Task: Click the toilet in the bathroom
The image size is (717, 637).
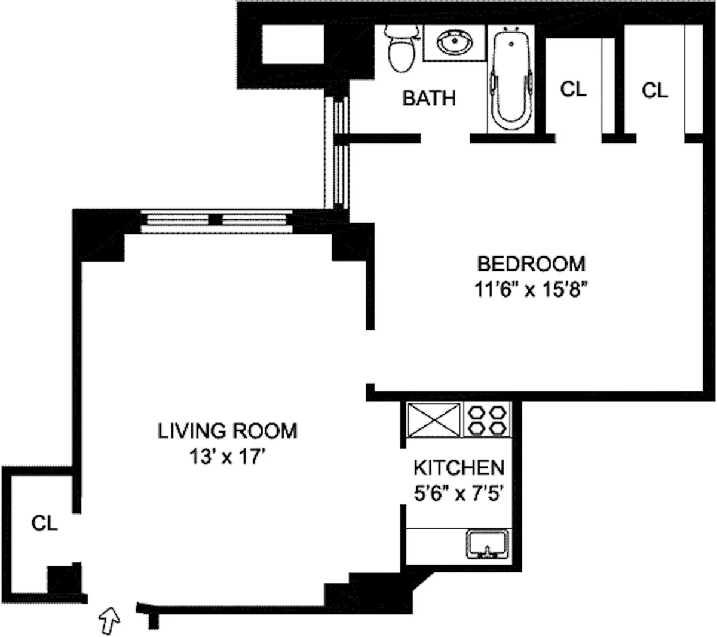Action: pyautogui.click(x=400, y=48)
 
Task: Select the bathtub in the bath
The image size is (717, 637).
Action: pyautogui.click(x=511, y=81)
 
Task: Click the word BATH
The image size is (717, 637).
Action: pyautogui.click(x=428, y=97)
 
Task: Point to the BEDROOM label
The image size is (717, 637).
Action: pyautogui.click(x=531, y=263)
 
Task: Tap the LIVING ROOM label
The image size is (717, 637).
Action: pyautogui.click(x=227, y=431)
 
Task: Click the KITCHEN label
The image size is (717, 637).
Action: pyautogui.click(x=459, y=467)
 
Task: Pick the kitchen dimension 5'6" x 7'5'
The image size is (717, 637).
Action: pyautogui.click(x=459, y=494)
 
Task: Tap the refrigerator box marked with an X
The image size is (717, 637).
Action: pyautogui.click(x=434, y=420)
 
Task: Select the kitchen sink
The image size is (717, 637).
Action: pyautogui.click(x=487, y=544)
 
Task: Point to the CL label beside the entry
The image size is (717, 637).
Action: pyautogui.click(x=45, y=523)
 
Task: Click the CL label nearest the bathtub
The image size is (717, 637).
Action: pyautogui.click(x=573, y=90)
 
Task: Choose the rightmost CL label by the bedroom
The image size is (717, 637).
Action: pyautogui.click(x=655, y=91)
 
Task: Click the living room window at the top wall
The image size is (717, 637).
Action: pyautogui.click(x=216, y=220)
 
